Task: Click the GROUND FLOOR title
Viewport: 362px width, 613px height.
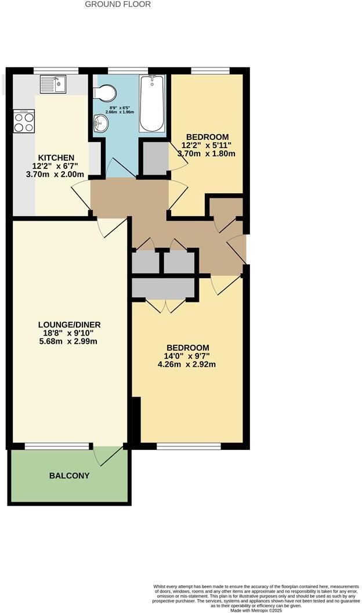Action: [118, 5]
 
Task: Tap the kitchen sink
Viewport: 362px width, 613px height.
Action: [54, 85]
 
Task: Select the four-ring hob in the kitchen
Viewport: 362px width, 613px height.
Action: [24, 122]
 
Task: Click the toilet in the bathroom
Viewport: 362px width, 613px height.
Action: [104, 92]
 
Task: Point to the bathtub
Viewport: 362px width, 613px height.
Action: [152, 103]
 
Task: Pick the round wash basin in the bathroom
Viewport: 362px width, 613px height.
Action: [101, 123]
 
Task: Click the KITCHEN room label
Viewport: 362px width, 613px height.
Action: [56, 158]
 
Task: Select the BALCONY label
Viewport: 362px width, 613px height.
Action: [69, 476]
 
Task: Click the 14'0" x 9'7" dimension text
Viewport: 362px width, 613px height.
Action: [187, 356]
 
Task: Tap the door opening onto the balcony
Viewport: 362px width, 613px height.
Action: [109, 456]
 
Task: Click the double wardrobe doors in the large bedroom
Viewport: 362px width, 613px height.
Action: [165, 306]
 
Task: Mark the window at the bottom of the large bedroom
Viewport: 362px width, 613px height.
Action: [189, 446]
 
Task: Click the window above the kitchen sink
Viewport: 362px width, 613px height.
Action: [55, 70]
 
